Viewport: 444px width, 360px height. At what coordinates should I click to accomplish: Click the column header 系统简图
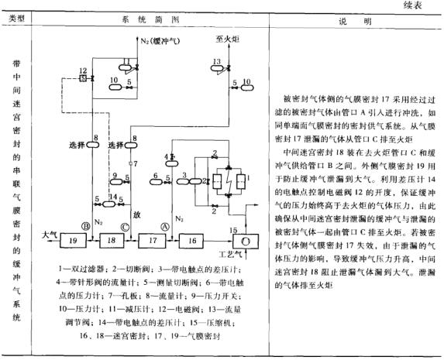click(145, 16)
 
